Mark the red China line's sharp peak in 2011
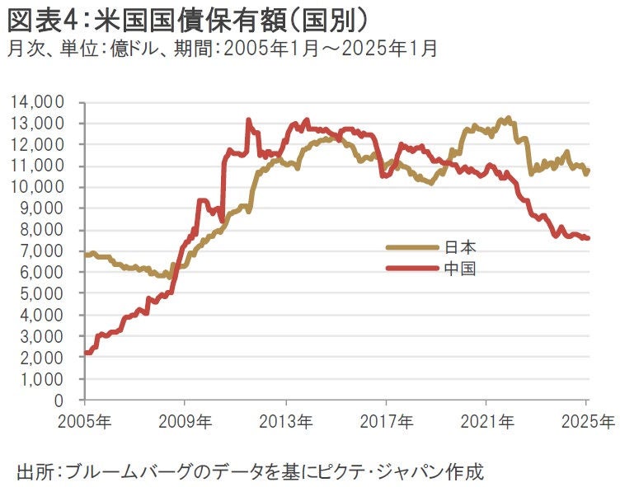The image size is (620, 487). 248,120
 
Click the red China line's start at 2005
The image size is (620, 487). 86,353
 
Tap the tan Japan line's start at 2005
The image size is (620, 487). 86,255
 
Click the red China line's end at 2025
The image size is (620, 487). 587,238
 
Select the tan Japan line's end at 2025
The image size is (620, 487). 587,171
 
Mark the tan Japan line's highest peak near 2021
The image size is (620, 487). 508,119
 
